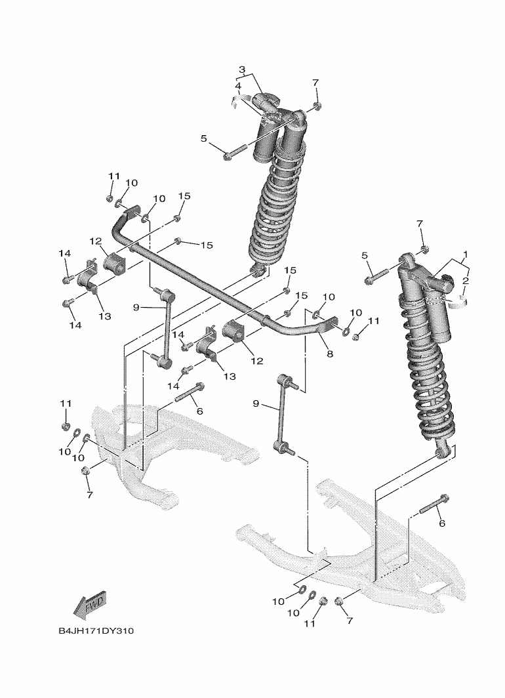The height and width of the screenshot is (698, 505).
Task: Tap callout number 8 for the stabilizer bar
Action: (330, 354)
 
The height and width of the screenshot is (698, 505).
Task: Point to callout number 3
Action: (241, 69)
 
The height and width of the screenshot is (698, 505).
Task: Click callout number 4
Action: (238, 86)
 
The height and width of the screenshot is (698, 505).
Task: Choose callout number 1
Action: (465, 253)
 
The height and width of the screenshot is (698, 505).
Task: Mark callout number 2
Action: (466, 281)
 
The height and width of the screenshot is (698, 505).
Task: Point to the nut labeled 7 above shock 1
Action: (424, 249)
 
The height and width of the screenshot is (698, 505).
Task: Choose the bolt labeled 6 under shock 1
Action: (431, 504)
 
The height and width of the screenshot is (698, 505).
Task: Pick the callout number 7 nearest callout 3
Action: (315, 83)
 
